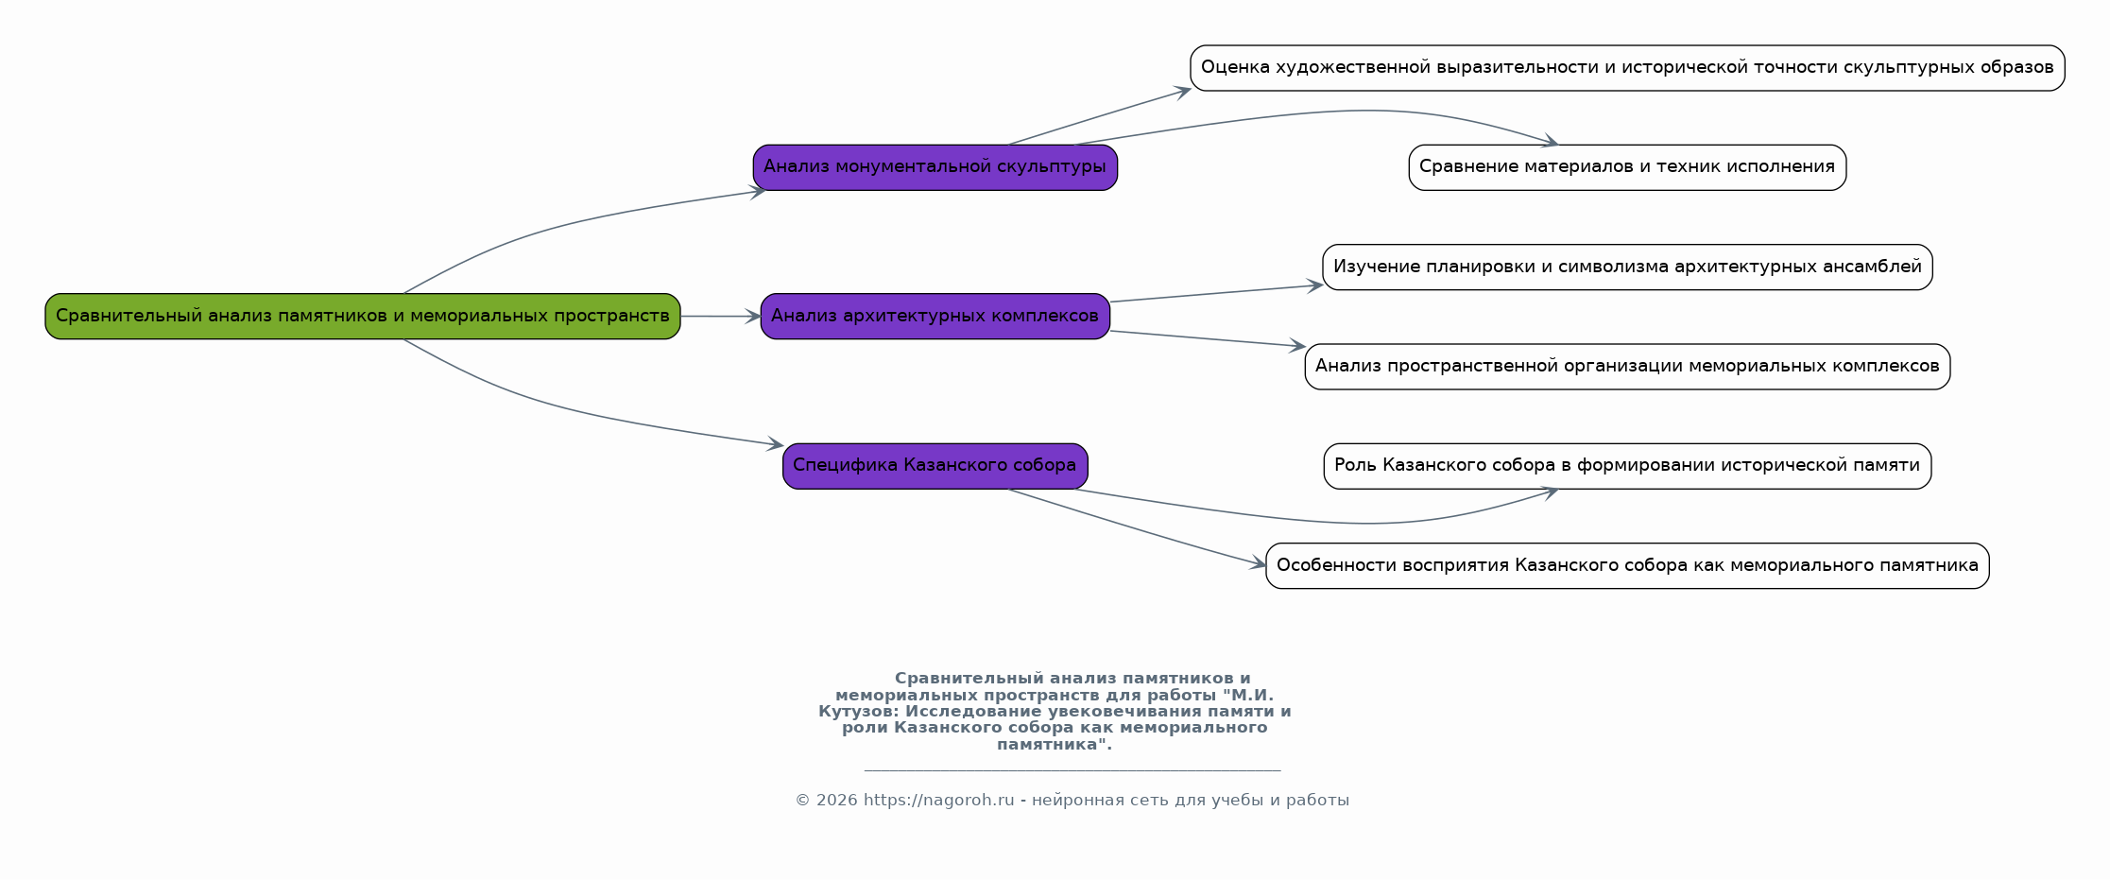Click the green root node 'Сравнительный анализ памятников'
(363, 316)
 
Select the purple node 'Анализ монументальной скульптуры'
(935, 167)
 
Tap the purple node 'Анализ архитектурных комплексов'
(935, 316)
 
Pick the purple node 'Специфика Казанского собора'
(935, 466)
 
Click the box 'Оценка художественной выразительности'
(1627, 68)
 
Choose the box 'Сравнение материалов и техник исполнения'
(1627, 167)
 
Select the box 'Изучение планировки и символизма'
(1627, 267)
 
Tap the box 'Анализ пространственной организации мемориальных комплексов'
(1627, 367)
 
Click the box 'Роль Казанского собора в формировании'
(1627, 466)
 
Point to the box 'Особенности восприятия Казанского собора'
(1627, 565)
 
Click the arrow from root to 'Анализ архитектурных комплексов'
(720, 316)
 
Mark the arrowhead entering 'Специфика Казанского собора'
(775, 443)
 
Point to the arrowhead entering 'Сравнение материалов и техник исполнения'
(1550, 143)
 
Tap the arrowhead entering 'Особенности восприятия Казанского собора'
(1258, 564)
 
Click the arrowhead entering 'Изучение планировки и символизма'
(1313, 285)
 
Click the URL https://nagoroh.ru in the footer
(938, 800)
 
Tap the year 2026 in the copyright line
(836, 800)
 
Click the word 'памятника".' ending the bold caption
(1055, 744)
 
